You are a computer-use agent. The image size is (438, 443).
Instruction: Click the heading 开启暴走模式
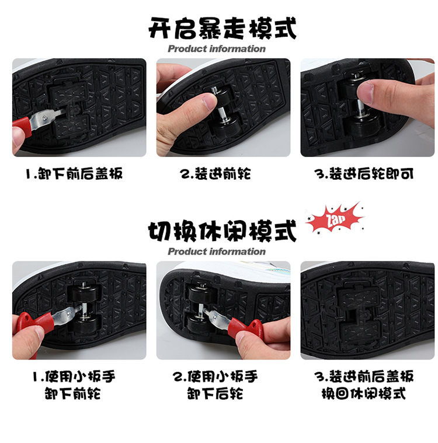[223, 28]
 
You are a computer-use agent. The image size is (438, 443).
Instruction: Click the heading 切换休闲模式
[223, 231]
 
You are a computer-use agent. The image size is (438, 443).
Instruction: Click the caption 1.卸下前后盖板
[74, 173]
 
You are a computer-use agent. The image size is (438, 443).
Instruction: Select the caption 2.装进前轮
[215, 173]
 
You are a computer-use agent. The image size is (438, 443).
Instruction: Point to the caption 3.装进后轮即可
[364, 173]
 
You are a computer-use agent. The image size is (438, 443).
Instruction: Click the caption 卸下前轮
[72, 393]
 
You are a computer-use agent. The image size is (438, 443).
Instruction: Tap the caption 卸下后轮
[215, 393]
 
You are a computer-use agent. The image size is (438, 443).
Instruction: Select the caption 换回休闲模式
[364, 393]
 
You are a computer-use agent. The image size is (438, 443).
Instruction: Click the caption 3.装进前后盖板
[364, 376]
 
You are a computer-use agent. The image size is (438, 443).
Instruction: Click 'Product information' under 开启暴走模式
[217, 48]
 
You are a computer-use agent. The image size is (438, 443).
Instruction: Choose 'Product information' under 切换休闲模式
[217, 252]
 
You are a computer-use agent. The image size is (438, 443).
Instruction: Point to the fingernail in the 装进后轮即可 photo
[365, 92]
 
